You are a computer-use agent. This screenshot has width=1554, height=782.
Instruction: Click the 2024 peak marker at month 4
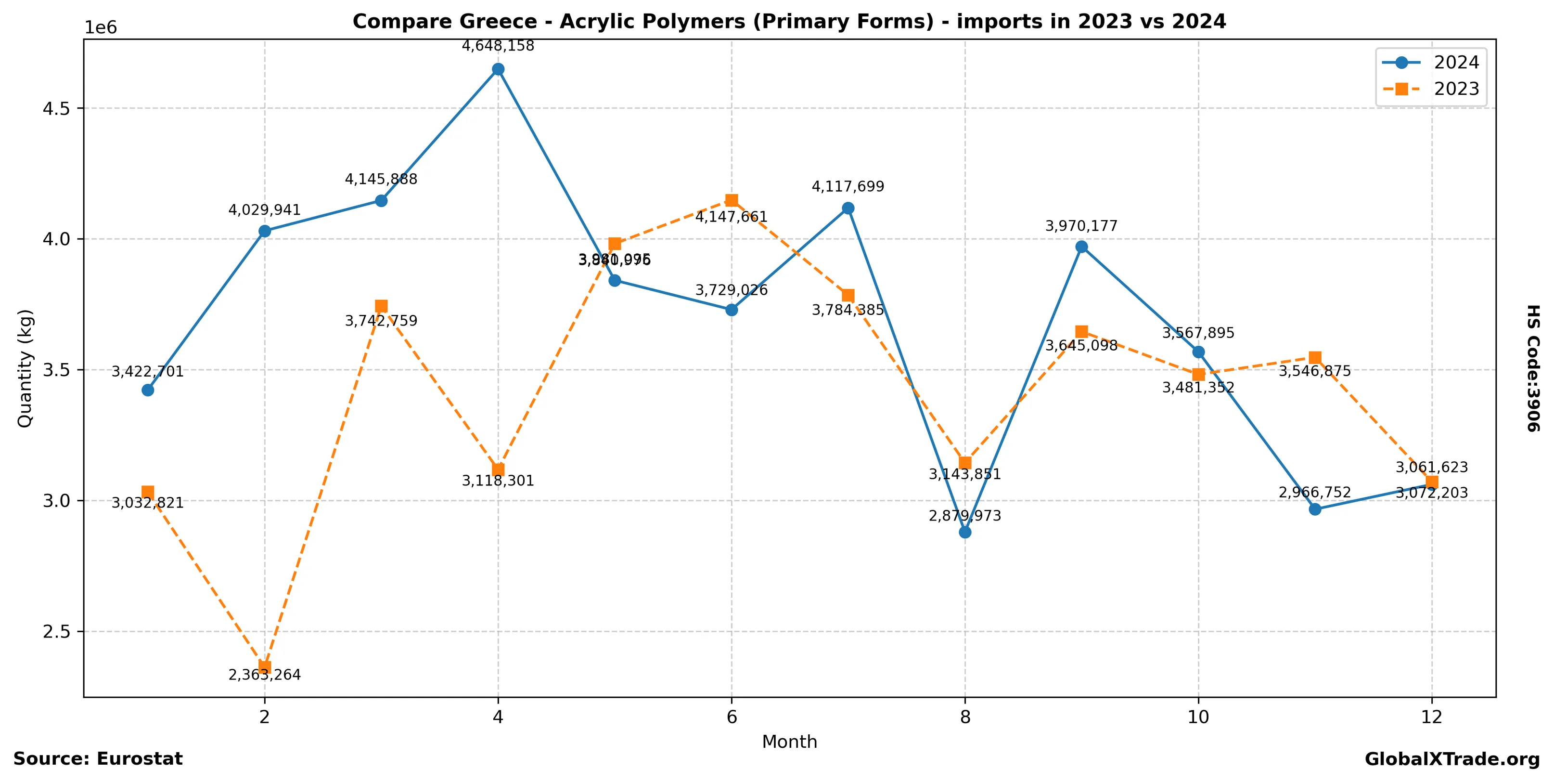498,69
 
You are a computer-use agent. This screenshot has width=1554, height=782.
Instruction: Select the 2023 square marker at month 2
264,667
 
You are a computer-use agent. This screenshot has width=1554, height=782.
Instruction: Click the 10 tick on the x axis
1198,717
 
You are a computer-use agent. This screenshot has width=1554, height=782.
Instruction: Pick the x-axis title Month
789,742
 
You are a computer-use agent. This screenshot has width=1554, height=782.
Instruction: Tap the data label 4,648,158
498,46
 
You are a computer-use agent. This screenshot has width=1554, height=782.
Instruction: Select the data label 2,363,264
264,675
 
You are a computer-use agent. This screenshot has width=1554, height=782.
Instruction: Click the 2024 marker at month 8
964,532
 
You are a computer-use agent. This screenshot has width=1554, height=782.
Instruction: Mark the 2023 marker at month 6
731,200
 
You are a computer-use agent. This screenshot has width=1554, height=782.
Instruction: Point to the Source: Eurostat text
98,758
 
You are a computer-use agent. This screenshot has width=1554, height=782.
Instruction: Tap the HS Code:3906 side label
1533,368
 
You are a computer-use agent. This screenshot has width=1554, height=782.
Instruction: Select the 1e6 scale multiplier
101,28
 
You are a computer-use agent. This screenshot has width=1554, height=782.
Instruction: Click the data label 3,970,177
1081,226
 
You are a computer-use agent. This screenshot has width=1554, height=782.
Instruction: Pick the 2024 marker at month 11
1315,509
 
